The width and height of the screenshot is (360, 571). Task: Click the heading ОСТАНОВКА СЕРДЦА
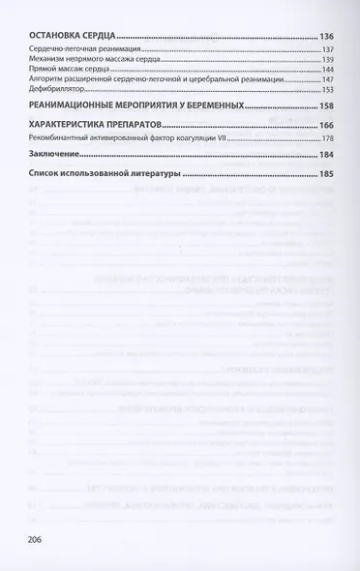pos(66,36)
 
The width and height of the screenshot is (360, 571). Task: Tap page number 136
pos(326,36)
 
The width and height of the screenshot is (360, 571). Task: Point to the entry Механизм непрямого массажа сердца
pos(95,60)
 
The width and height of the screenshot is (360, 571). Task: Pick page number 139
pos(327,60)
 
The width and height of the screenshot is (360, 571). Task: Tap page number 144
pos(327,70)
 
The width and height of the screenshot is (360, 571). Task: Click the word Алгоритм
pos(47,79)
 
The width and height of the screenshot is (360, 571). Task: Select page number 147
pos(327,79)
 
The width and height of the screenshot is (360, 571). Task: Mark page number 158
pos(326,105)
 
